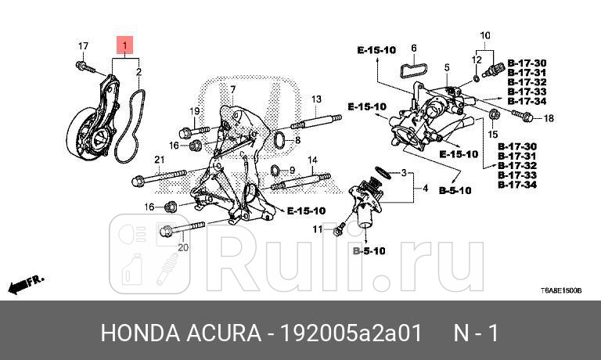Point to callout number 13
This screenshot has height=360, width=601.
click(x=316, y=99)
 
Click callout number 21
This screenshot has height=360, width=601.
click(x=157, y=160)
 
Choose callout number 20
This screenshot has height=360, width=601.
click(x=183, y=248)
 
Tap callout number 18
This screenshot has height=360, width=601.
click(x=548, y=119)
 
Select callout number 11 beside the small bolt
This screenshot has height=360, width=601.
click(x=318, y=229)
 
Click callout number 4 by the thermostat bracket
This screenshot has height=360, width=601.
click(x=425, y=189)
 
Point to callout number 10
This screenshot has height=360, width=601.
click(x=484, y=35)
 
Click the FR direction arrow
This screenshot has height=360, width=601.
click(x=27, y=283)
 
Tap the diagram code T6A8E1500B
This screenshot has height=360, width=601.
click(x=560, y=290)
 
